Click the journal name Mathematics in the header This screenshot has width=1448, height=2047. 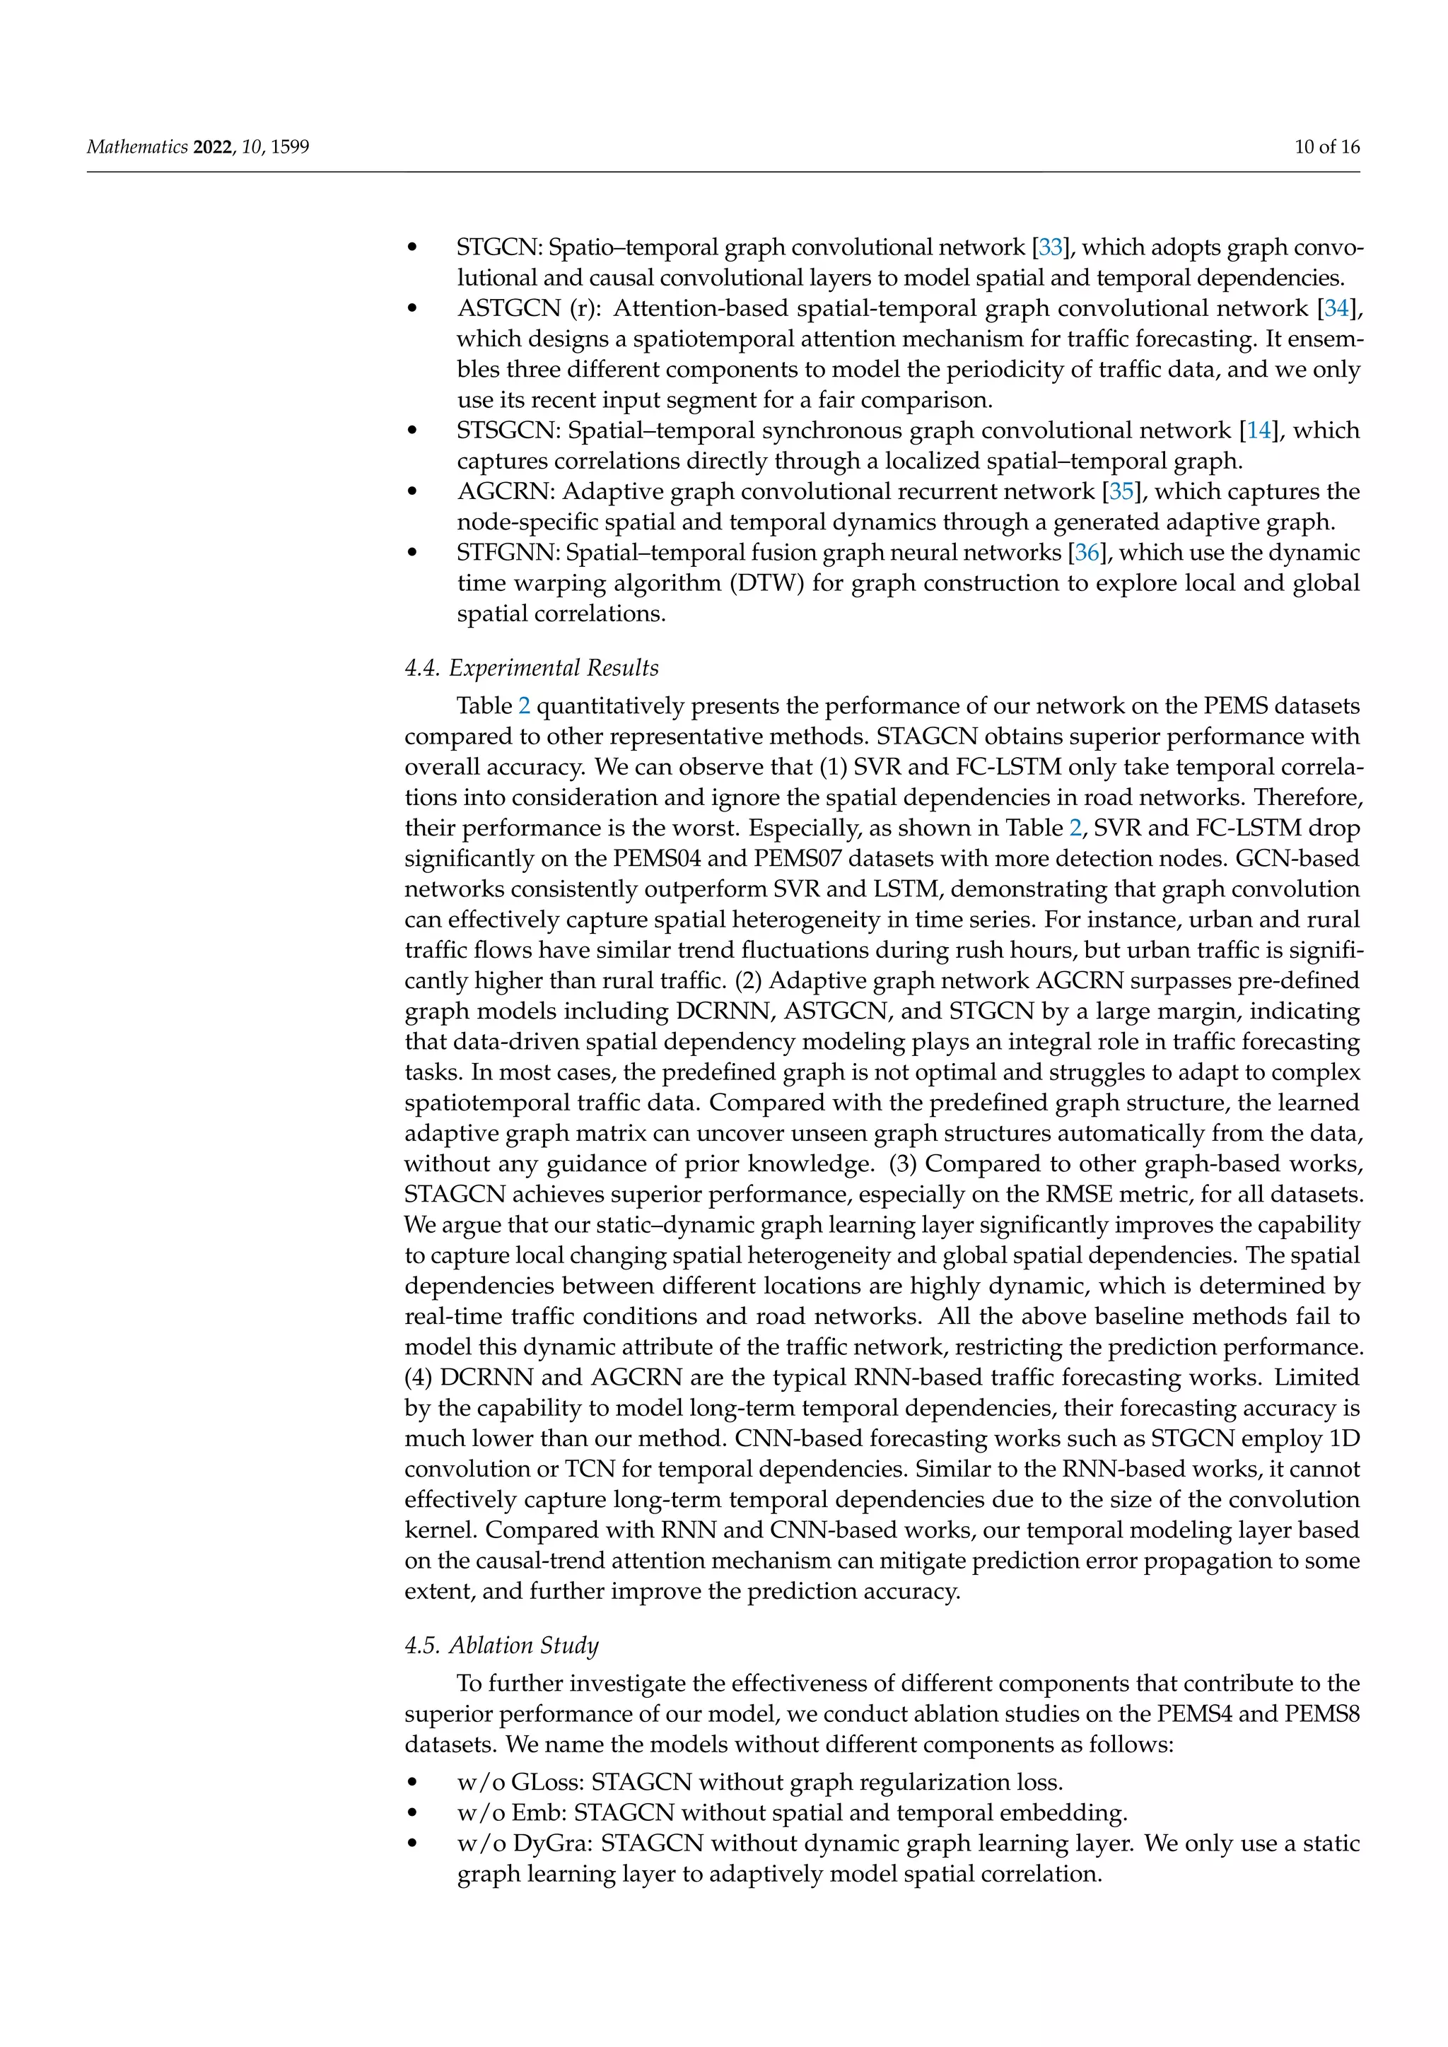[137, 147]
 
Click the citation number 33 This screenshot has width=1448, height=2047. [1051, 248]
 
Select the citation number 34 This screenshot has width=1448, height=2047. [1336, 308]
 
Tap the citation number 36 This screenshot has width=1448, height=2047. [1087, 553]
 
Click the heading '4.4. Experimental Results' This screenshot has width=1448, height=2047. [532, 668]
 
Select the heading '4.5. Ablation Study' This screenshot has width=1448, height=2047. [501, 1645]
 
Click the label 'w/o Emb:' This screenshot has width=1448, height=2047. [512, 1812]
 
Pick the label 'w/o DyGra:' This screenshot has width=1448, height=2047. [525, 1843]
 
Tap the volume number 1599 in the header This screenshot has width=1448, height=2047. [290, 147]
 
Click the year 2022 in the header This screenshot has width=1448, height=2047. [212, 147]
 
